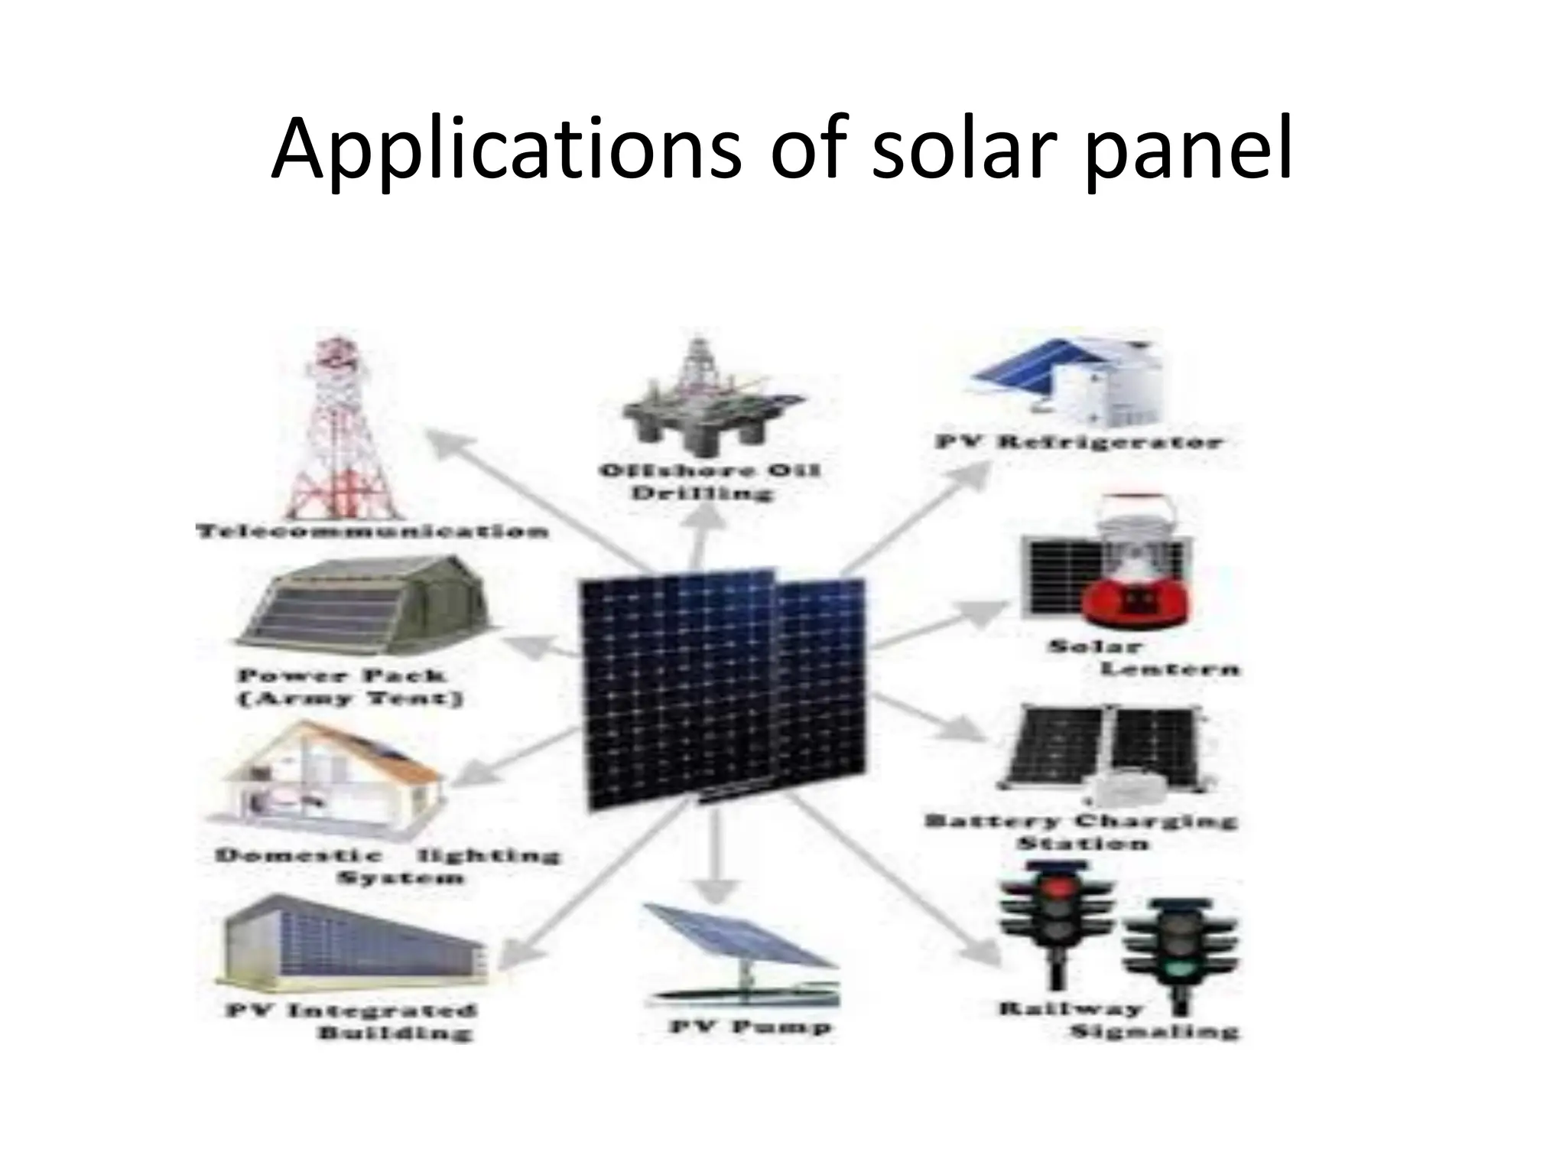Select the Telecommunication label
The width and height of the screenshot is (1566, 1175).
coord(372,531)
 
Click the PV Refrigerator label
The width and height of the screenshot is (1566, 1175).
coord(1079,442)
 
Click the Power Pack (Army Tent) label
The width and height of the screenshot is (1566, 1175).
coord(351,687)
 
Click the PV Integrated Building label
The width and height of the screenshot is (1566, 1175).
coord(353,1021)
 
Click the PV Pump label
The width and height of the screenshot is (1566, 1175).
coord(750,1027)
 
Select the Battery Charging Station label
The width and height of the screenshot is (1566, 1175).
coord(1080,832)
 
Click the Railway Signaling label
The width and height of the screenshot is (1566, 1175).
coord(1116,1020)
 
